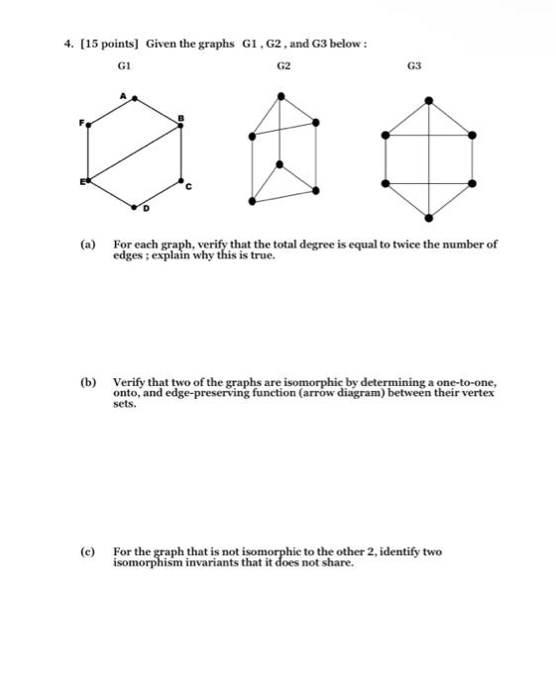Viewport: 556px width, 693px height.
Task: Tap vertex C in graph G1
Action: point(181,182)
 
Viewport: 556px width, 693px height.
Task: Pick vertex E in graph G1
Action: point(87,182)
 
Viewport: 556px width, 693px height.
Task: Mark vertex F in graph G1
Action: point(87,125)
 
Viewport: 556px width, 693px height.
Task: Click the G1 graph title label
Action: point(124,66)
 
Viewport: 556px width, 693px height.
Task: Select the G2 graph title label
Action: point(283,66)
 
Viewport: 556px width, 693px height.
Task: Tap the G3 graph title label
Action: point(413,66)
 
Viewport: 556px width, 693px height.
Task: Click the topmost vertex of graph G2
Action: point(283,96)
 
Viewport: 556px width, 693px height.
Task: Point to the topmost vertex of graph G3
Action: point(427,100)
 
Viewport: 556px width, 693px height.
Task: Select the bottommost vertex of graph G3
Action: point(427,217)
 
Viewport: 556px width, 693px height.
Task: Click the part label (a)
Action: point(88,244)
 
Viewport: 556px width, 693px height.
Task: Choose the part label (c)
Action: point(88,549)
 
